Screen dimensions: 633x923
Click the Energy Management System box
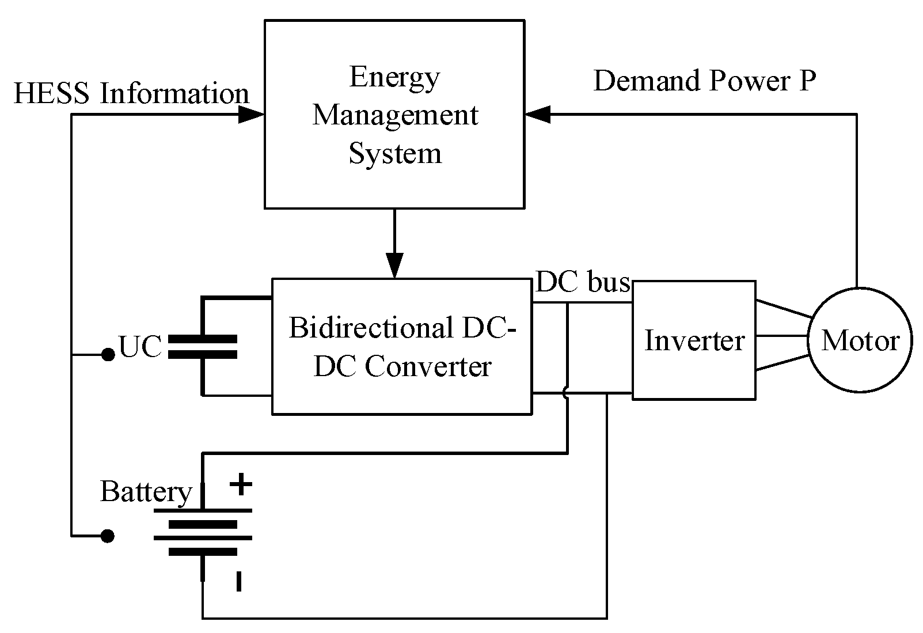click(x=394, y=114)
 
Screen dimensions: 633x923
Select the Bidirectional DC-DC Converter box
click(x=401, y=346)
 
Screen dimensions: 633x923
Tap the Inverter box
click(x=694, y=340)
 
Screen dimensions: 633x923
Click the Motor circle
click(x=860, y=340)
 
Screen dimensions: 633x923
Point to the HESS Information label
click(x=131, y=94)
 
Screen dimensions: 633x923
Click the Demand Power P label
click(x=704, y=81)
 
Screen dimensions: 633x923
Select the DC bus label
click(x=582, y=283)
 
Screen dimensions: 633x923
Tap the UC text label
click(x=140, y=347)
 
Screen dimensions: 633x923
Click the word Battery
click(x=146, y=492)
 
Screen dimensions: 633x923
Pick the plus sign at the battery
click(x=241, y=484)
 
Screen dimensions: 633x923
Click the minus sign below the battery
click(x=238, y=581)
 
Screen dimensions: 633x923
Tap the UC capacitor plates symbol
click(x=202, y=347)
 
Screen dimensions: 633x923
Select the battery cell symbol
click(x=202, y=531)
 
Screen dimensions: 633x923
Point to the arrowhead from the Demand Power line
click(x=538, y=115)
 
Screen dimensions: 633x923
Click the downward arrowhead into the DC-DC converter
click(x=394, y=266)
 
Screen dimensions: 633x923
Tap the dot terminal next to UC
click(x=108, y=355)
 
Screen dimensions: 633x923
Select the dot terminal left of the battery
click(x=108, y=536)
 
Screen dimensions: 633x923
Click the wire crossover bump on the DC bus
click(x=566, y=393)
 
